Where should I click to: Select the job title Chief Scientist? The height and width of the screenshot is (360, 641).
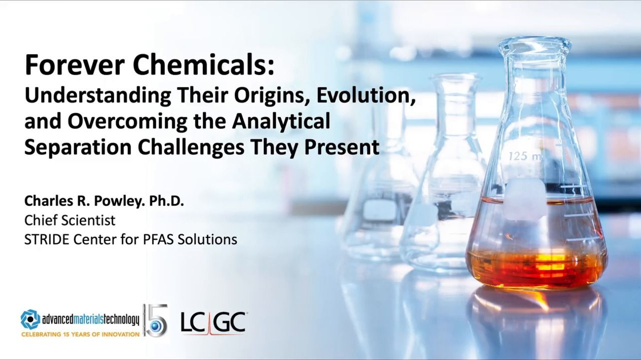point(70,220)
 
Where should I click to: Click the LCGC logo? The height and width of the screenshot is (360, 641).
point(213,322)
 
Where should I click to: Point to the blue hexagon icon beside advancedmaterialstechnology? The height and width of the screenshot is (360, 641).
point(30,319)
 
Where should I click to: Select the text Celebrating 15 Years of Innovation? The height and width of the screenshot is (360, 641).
point(80,334)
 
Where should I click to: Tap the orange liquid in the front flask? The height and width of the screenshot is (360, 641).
point(536,265)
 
